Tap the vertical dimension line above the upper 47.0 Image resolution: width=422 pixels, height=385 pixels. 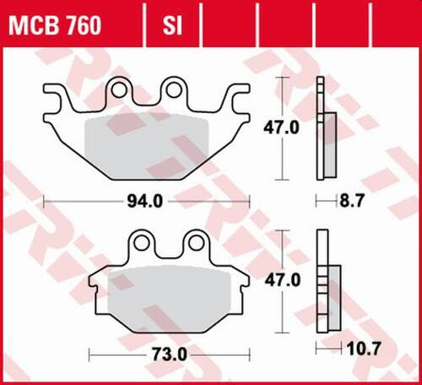[x=283, y=97]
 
